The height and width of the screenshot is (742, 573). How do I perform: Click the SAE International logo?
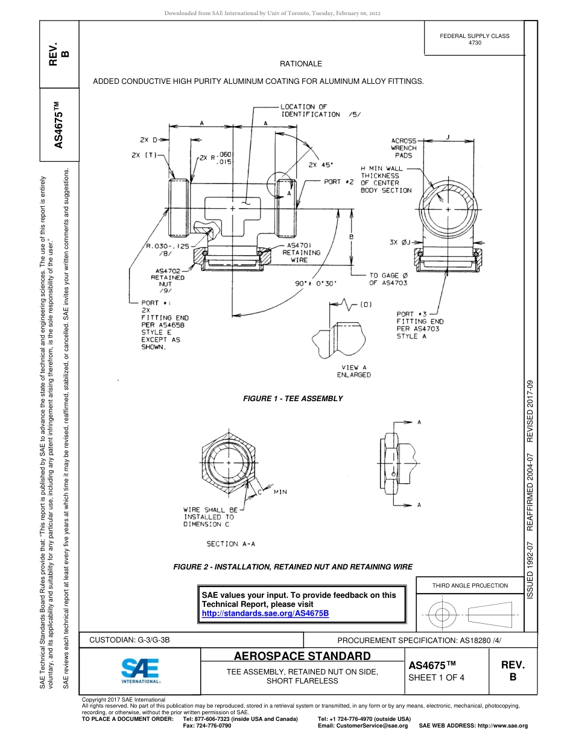pos(141,670)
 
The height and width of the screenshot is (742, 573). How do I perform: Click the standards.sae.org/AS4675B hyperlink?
pos(265,613)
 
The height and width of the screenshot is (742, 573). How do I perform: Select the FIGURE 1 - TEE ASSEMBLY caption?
pos(293,399)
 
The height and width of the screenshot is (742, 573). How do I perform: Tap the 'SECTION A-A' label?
pos(230,544)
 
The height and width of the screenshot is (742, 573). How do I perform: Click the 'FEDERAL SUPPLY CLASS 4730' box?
pos(474,39)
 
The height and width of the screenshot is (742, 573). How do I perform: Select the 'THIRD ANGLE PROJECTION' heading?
pos(470,585)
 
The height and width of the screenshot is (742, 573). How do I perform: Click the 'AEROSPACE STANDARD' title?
pos(302,656)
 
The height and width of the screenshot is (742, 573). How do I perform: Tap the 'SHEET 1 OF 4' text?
pos(436,677)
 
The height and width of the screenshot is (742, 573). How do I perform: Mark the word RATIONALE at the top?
pos(300,64)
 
